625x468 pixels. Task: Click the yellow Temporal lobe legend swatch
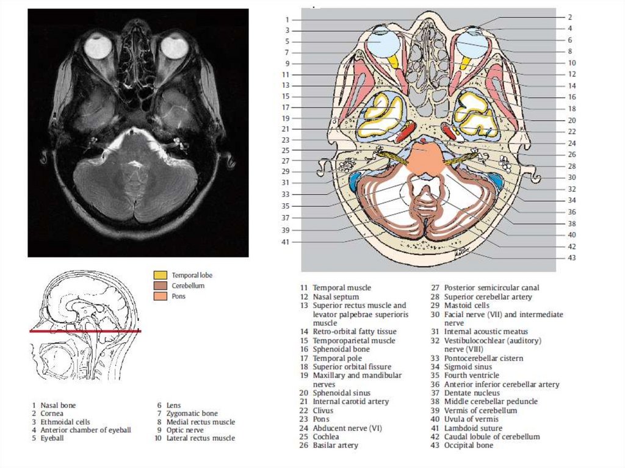(160, 275)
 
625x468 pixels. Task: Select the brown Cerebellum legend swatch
(160, 286)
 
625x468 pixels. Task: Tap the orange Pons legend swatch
(160, 297)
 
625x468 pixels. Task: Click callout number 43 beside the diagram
(571, 257)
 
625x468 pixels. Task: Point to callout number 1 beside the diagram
(287, 20)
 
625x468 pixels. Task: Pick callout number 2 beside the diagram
(569, 17)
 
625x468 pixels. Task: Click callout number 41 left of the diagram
(286, 242)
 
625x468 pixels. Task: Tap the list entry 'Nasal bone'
(58, 405)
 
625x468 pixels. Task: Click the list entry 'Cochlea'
(327, 437)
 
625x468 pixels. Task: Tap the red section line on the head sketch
(85, 331)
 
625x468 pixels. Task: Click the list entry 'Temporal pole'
(337, 358)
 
